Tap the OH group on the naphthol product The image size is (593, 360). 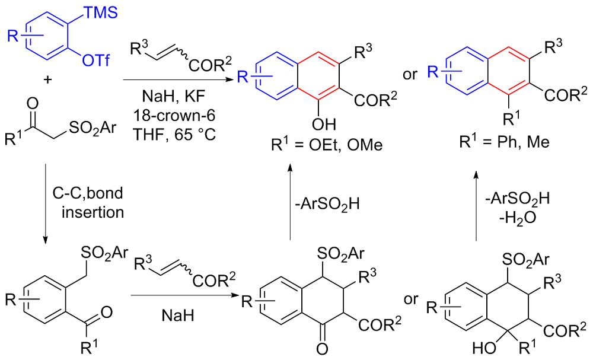pyautogui.click(x=324, y=125)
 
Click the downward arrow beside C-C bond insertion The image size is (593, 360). pyautogui.click(x=46, y=205)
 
